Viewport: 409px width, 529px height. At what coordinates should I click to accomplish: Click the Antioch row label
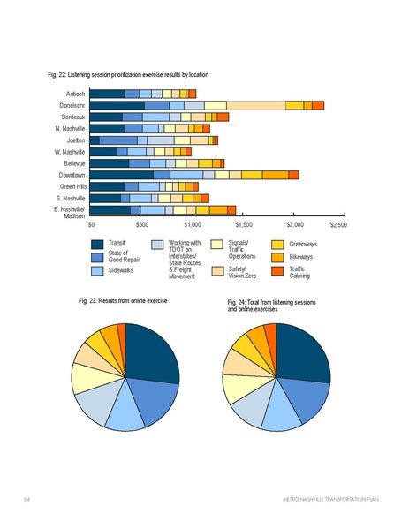(x=75, y=93)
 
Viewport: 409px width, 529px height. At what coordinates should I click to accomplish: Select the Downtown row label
(x=72, y=175)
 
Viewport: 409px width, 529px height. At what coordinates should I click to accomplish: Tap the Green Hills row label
(x=72, y=186)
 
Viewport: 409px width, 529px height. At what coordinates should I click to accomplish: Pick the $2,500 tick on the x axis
(x=339, y=226)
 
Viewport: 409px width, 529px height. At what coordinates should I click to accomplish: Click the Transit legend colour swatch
(x=98, y=243)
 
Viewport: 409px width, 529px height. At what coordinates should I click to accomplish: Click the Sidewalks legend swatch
(x=98, y=271)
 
